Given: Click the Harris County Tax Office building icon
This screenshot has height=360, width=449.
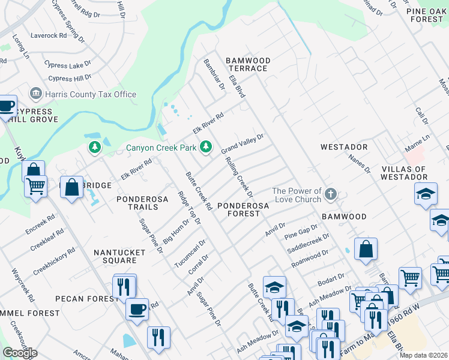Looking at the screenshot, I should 35,94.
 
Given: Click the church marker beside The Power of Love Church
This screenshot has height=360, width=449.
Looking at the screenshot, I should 331,194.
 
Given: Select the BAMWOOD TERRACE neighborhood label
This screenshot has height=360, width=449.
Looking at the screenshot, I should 248,65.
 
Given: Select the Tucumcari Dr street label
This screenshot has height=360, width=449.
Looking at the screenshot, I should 190,254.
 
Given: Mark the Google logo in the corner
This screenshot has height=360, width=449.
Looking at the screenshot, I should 20,353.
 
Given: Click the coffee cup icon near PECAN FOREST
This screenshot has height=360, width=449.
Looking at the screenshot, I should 137,310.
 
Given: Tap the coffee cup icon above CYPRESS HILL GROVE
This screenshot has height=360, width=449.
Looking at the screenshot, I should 6,107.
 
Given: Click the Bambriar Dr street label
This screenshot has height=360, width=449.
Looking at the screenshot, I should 214,74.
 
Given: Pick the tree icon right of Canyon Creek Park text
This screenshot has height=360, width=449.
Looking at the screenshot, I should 206,146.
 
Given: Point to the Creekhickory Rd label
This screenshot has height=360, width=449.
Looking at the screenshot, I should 54,262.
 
